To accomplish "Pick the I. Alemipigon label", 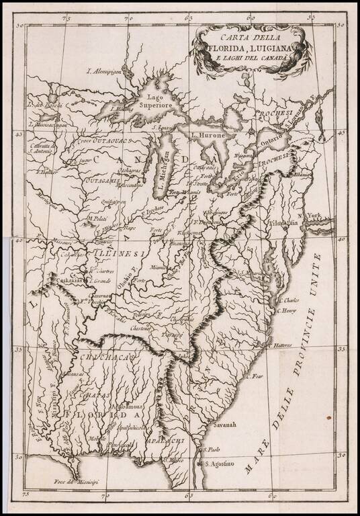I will click(107, 71).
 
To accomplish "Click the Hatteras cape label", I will click(282, 345).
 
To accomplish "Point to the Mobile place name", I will click(97, 439).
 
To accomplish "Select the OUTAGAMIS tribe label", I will click(103, 181).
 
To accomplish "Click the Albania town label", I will click(302, 174).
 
